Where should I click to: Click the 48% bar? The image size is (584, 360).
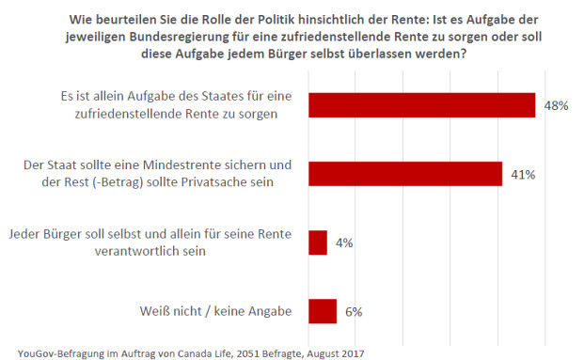tap(421, 105)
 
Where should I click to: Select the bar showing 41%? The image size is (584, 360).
tap(404, 174)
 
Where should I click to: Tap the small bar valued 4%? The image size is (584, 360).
tap(317, 243)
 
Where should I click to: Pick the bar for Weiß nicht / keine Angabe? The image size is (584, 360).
tap(322, 311)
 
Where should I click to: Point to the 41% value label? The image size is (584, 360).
tap(522, 174)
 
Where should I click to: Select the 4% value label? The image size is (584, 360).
tap(343, 243)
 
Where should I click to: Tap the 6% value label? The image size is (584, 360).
tap(353, 311)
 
